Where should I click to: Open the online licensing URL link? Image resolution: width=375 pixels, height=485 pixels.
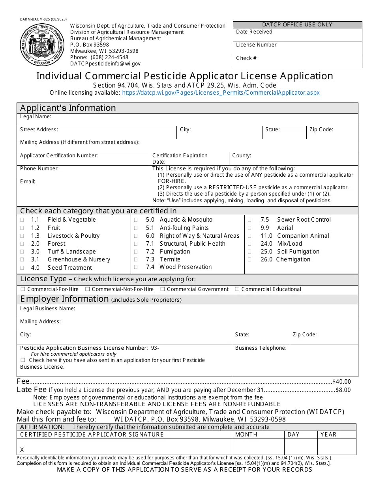[x=221, y=93]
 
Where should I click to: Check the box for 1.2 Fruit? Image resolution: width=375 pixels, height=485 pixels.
[x=22, y=228]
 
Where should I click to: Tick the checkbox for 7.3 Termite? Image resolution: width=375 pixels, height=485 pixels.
[x=136, y=259]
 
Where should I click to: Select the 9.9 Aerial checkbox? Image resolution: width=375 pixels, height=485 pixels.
[x=249, y=228]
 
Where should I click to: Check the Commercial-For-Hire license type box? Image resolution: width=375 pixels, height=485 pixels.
[x=23, y=289]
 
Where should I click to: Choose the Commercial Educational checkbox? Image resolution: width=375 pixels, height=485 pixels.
[x=237, y=289]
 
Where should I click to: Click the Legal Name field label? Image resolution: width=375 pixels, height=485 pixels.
[x=36, y=117]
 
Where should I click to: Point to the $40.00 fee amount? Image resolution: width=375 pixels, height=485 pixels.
[x=341, y=382]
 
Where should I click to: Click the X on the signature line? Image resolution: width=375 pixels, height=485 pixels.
[x=22, y=450]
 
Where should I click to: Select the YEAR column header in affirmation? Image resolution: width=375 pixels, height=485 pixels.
[x=328, y=435]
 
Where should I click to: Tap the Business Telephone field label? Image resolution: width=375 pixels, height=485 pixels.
[x=261, y=348]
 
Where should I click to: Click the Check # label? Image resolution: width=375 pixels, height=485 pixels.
[x=246, y=58]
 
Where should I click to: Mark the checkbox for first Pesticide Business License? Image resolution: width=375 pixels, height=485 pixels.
[x=23, y=360]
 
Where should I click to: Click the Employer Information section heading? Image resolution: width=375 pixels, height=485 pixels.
[x=64, y=299]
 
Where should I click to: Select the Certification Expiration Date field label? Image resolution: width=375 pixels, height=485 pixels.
[x=180, y=159]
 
